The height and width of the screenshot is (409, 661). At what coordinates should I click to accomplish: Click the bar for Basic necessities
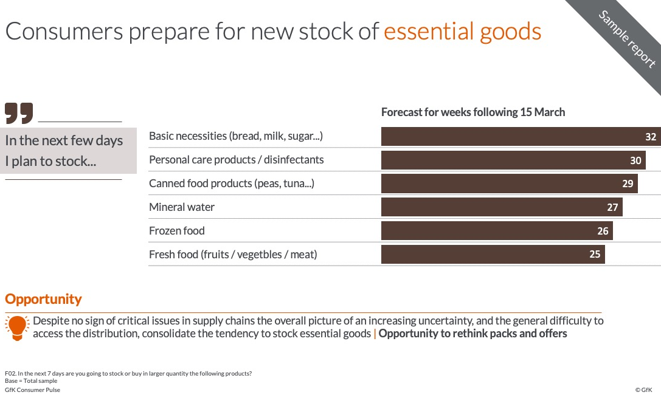click(x=521, y=137)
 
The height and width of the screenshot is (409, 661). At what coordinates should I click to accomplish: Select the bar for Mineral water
click(x=502, y=207)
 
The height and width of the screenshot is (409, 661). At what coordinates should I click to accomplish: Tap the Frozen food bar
click(x=497, y=231)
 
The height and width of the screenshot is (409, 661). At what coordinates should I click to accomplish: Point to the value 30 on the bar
click(x=635, y=160)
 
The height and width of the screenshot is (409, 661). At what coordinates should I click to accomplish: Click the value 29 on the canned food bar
click(x=628, y=184)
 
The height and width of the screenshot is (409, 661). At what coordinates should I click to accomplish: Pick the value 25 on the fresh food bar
click(x=595, y=255)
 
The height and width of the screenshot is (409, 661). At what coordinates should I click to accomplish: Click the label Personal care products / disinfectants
click(x=237, y=160)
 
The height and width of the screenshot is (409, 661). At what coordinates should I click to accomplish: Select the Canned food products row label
click(x=232, y=184)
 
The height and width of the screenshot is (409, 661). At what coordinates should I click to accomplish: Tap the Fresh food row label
click(x=233, y=255)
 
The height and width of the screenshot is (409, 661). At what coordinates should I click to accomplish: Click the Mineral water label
click(x=182, y=207)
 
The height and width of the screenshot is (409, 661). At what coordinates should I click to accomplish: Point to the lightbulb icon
click(x=17, y=328)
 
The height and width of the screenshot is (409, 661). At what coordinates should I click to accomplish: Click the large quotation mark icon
click(x=19, y=113)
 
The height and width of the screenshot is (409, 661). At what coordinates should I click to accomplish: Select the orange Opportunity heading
click(x=43, y=299)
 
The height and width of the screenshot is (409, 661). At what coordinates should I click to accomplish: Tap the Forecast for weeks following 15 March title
click(x=473, y=112)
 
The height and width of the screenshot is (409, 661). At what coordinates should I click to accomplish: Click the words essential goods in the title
click(x=462, y=32)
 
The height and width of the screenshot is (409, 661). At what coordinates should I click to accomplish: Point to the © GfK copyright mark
click(x=644, y=390)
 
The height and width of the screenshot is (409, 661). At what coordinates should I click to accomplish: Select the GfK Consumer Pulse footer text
click(x=32, y=390)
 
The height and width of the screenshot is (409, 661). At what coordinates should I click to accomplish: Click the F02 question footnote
click(x=128, y=374)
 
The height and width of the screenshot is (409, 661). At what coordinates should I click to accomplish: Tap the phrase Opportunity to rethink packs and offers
click(x=472, y=334)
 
